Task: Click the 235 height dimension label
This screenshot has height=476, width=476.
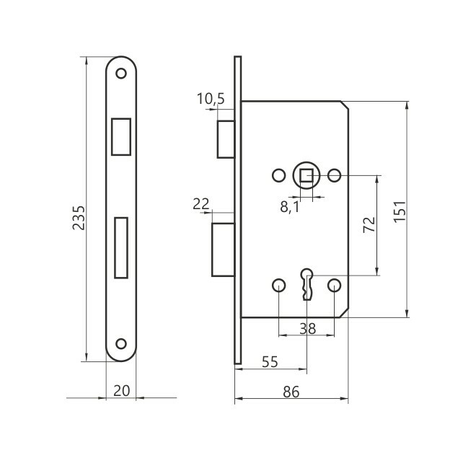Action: point(79,218)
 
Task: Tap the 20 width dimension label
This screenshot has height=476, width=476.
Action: point(121,391)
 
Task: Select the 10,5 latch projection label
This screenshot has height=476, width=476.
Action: point(211,99)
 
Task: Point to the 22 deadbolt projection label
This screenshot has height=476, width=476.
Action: point(201,203)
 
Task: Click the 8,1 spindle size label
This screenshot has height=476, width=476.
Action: point(290,207)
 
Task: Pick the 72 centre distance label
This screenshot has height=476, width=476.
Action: point(369,225)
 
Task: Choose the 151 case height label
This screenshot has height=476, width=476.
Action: point(400,212)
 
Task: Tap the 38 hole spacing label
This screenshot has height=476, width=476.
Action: point(307,328)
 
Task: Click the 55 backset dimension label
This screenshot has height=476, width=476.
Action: point(270,362)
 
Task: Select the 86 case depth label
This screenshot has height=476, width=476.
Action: point(291,392)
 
